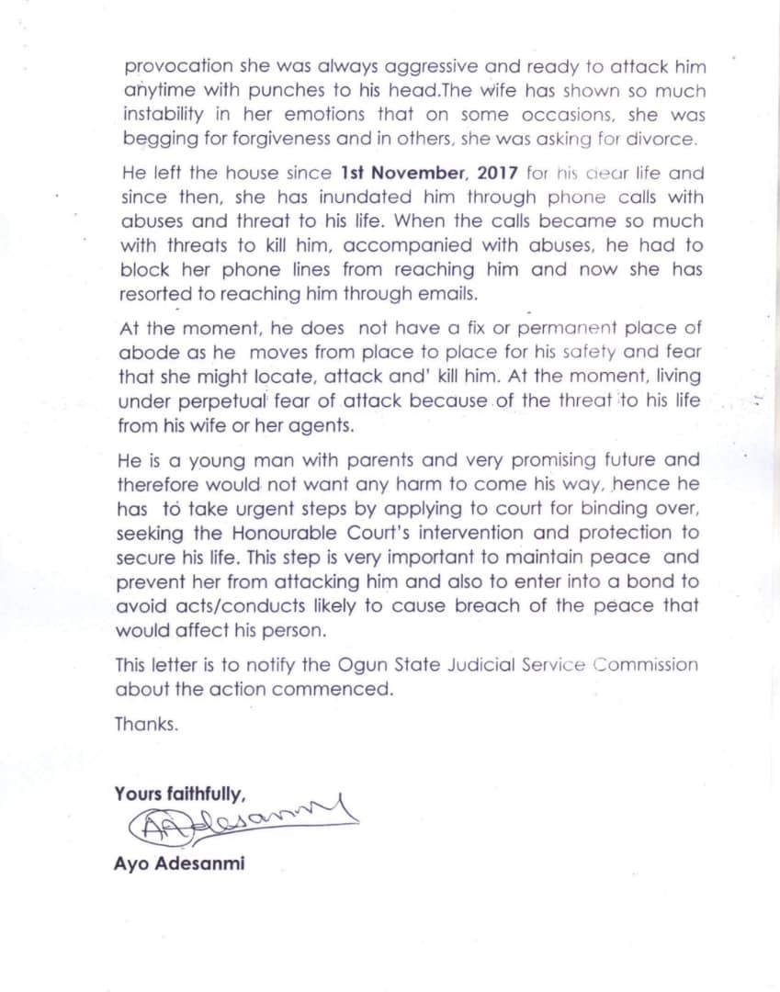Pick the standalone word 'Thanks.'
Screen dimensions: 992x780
tap(147, 723)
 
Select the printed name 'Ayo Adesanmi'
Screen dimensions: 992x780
tap(179, 863)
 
